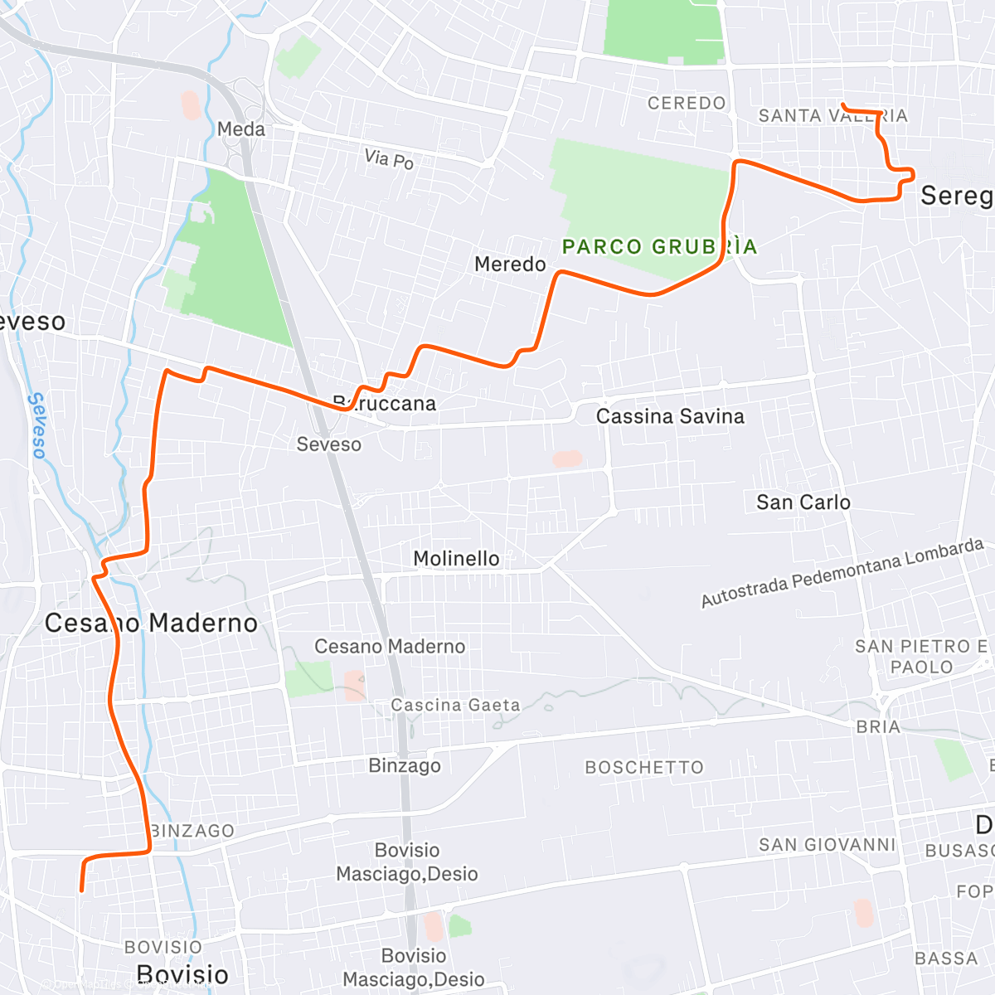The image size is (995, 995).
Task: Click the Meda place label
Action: point(241,129)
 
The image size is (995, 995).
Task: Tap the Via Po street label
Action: point(389,158)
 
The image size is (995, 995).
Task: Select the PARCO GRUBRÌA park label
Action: point(659,247)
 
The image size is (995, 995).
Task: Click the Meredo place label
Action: point(510,265)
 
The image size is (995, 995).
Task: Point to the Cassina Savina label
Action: point(670,416)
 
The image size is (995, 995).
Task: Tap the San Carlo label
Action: point(803,502)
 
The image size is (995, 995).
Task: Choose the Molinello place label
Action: point(456,559)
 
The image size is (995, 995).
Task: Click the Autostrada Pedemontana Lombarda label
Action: point(842,572)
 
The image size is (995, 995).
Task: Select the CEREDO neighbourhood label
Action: point(687,104)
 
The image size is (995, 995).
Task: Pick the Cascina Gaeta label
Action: point(455,706)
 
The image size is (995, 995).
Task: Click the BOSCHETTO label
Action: point(644,768)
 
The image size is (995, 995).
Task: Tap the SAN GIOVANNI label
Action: point(828,845)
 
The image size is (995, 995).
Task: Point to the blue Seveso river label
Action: point(37,425)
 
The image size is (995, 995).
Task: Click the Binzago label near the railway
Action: point(405,765)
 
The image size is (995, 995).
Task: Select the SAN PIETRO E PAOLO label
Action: point(921,657)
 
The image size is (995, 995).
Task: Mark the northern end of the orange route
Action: point(843,104)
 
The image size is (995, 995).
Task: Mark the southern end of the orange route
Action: point(81,891)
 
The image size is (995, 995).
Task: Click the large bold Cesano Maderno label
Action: point(151,624)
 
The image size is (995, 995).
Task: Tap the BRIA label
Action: point(878,727)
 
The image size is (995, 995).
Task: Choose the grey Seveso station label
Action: point(329,444)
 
